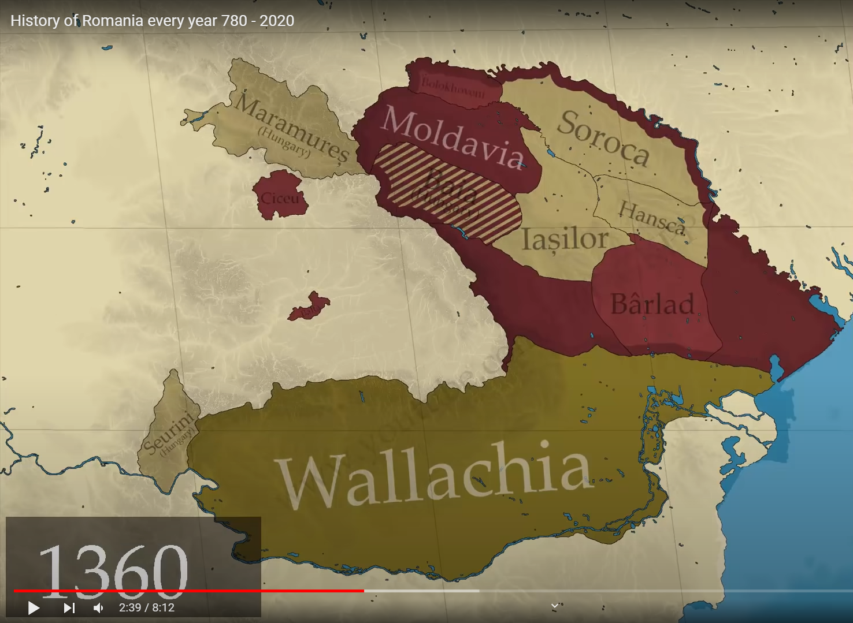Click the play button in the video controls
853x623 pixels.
coord(34,607)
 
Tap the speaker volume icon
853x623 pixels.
coord(99,607)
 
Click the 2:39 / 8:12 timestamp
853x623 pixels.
coord(147,607)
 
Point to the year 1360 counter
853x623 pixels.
coord(113,569)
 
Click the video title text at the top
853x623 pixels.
coord(153,21)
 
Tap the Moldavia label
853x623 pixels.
coord(453,138)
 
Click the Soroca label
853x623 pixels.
coord(603,137)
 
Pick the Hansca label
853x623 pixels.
coord(652,217)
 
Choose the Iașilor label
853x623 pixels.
coord(565,238)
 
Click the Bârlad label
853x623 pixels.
coord(652,304)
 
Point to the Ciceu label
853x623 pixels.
coord(280,199)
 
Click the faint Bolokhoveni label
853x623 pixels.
coord(453,86)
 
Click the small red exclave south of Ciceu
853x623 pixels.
coord(310,307)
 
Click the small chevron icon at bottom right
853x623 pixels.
coord(554,606)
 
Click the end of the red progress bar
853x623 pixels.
coord(364,591)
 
